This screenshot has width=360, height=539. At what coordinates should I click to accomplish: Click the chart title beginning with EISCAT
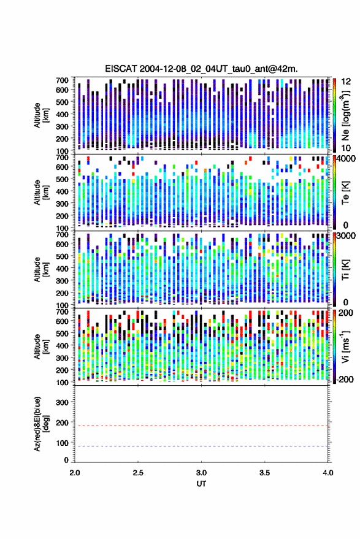pyautogui.click(x=201, y=69)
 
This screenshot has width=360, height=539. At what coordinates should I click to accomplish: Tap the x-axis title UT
pyautogui.click(x=201, y=484)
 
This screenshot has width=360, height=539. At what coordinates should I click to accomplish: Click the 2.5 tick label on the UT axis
pyautogui.click(x=138, y=473)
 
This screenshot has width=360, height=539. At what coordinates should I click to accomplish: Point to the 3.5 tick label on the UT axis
pyautogui.click(x=264, y=473)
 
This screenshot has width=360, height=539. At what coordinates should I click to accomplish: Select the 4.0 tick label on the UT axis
pyautogui.click(x=327, y=473)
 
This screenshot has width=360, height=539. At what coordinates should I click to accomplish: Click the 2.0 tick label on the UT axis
pyautogui.click(x=75, y=473)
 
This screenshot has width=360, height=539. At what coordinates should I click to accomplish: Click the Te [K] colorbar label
pyautogui.click(x=345, y=193)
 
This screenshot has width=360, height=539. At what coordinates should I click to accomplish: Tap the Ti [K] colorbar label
pyautogui.click(x=345, y=270)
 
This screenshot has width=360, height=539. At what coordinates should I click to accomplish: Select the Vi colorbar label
pyautogui.click(x=345, y=346)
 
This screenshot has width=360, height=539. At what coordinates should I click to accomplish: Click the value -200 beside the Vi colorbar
pyautogui.click(x=343, y=379)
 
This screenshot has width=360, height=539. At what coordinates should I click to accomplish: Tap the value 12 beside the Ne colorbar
pyautogui.click(x=347, y=82)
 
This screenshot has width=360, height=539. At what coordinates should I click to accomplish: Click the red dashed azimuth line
pyautogui.click(x=201, y=426)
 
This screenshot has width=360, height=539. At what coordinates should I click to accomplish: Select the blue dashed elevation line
pyautogui.click(x=201, y=446)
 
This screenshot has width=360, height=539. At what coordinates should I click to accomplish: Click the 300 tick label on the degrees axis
pyautogui.click(x=62, y=402)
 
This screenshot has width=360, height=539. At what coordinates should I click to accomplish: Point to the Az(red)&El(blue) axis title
pyautogui.click(x=41, y=424)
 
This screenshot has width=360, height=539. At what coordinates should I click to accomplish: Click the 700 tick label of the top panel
pyautogui.click(x=62, y=80)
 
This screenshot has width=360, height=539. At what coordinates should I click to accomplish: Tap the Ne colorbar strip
pyautogui.click(x=334, y=115)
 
